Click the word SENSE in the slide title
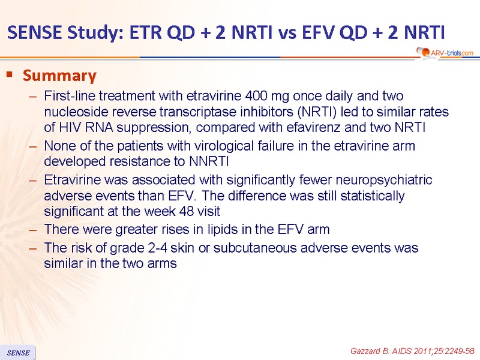pyautogui.click(x=35, y=32)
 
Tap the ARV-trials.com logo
pyautogui.click(x=445, y=53)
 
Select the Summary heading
pyautogui.click(x=59, y=76)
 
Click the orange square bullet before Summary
pyautogui.click(x=10, y=74)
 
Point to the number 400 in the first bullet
pyautogui.click(x=256, y=96)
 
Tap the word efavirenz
pyautogui.click(x=313, y=127)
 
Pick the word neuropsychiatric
pyautogui.click(x=384, y=180)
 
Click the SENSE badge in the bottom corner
pyautogui.click(x=18, y=353)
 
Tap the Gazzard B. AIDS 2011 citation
pyautogui.click(x=412, y=351)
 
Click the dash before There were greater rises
pyautogui.click(x=33, y=230)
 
